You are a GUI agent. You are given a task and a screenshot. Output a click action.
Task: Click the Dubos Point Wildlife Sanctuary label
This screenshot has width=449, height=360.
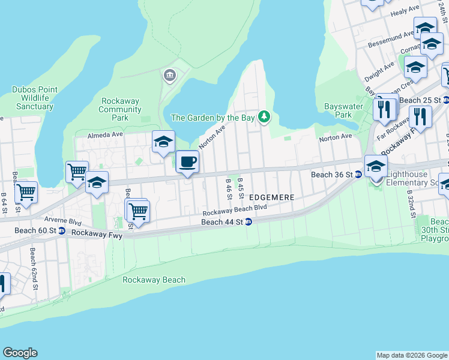click(x=35, y=98)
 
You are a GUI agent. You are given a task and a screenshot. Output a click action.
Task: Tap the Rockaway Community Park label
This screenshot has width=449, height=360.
click(x=120, y=109)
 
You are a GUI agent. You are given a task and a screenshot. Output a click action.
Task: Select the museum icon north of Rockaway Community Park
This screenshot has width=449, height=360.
click(x=169, y=76)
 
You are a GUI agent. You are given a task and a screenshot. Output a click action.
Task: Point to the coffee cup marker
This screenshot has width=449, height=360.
click(x=188, y=162)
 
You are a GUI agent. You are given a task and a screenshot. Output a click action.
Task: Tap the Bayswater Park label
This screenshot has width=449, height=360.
click(x=337, y=110)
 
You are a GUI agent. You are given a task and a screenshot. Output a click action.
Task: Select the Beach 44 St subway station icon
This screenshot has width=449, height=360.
click(x=248, y=222)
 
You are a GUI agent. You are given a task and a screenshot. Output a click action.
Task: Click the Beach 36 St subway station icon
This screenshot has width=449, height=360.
click(x=358, y=175)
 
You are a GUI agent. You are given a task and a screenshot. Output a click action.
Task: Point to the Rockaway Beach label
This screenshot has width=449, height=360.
click(x=154, y=280)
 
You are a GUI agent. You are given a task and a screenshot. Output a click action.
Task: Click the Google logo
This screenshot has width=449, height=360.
click(x=20, y=353)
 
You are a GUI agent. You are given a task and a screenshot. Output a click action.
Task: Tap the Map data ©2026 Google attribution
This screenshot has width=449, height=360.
click(x=412, y=355)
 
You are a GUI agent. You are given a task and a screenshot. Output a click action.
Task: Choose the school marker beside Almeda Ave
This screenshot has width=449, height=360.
click(x=163, y=143)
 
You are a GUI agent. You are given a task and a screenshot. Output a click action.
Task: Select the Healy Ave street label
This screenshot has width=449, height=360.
click(x=405, y=11)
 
